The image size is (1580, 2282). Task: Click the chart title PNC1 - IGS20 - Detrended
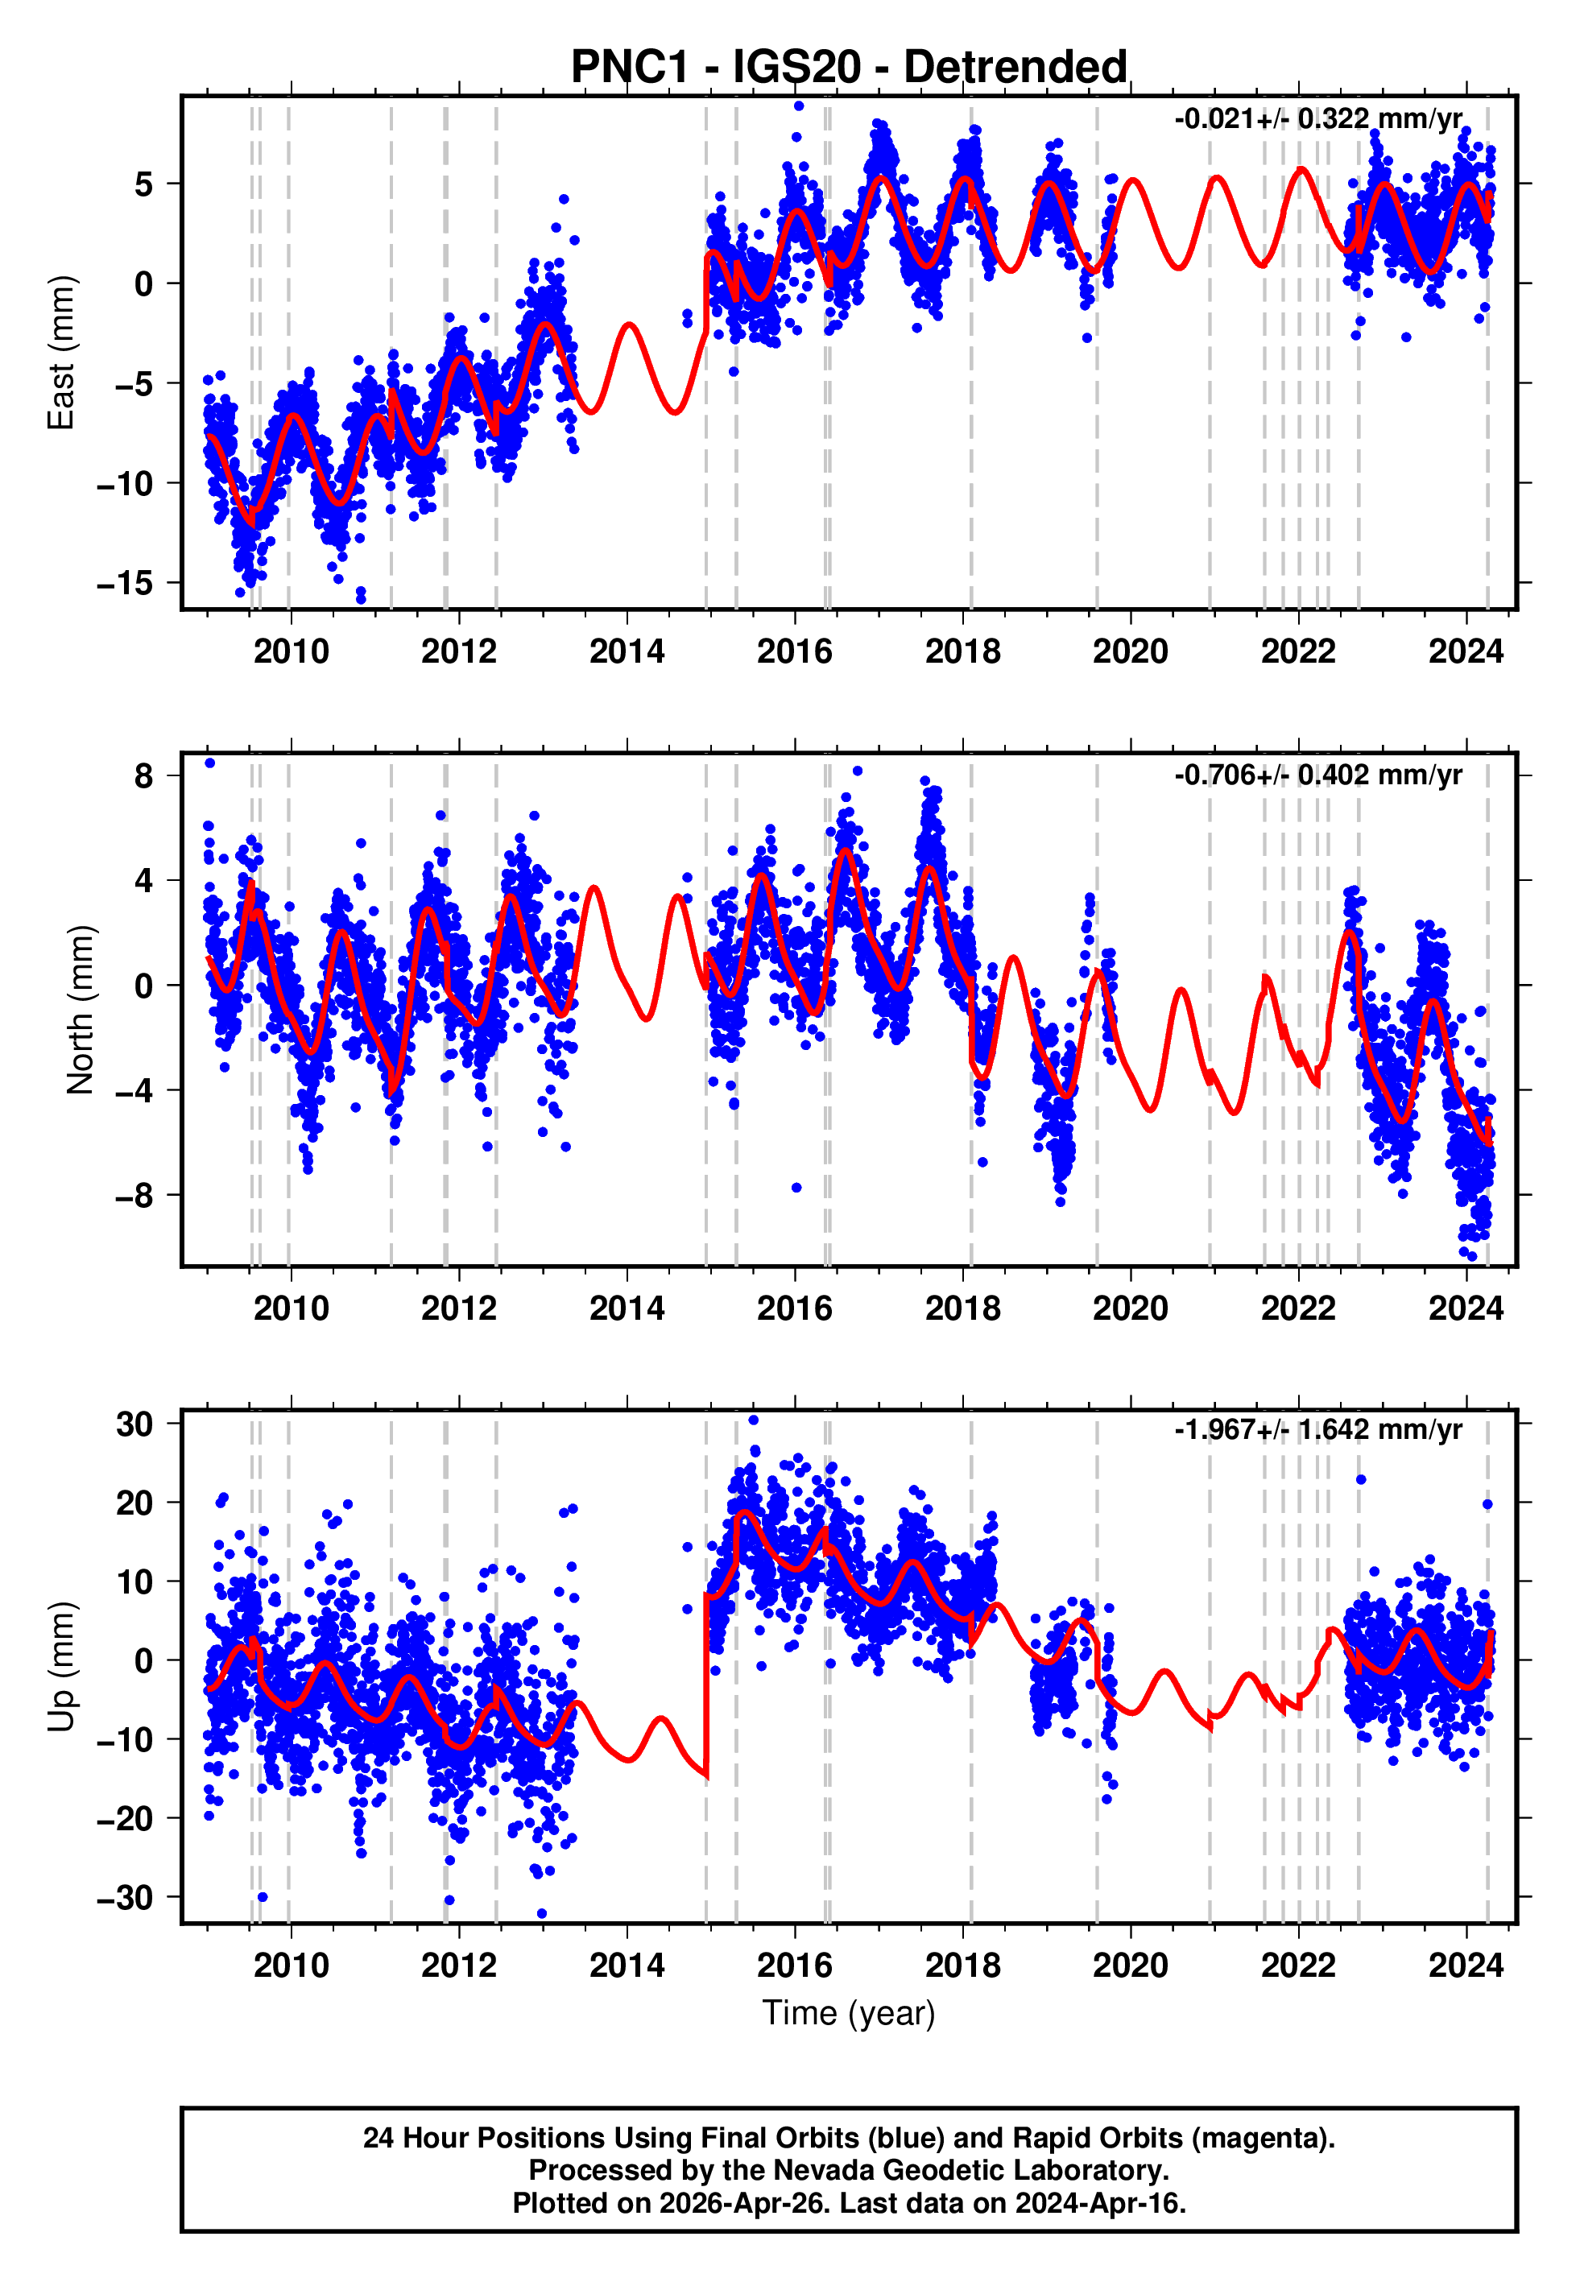point(849,68)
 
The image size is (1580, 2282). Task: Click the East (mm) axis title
point(61,353)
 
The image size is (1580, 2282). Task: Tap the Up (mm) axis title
point(61,1667)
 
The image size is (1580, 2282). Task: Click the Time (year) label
point(849,2014)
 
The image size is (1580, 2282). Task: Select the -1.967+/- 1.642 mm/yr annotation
point(1317,1430)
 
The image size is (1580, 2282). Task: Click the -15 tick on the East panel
point(125,584)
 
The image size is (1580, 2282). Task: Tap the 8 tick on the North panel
point(144,776)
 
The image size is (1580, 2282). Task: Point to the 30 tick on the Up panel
point(134,1425)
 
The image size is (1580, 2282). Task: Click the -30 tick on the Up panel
point(125,1898)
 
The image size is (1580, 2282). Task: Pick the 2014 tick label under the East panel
point(627,651)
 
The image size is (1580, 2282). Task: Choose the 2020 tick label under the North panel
point(1130,1308)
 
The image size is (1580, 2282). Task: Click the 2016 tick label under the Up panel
point(794,1966)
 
